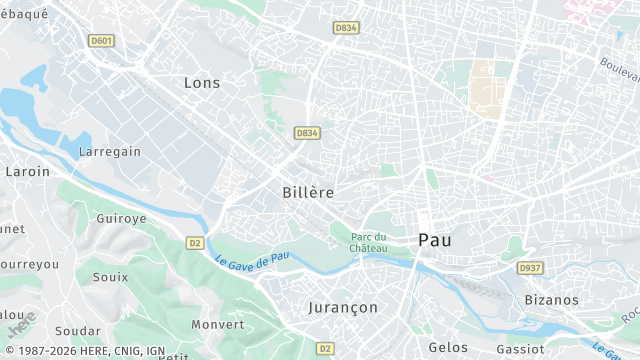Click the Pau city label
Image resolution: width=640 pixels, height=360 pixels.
tap(434, 240)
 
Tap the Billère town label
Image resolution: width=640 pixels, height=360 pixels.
tap(308, 191)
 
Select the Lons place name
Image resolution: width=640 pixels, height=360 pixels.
tap(202, 83)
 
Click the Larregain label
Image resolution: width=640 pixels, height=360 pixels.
tap(110, 152)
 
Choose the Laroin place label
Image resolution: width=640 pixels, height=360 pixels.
tap(27, 172)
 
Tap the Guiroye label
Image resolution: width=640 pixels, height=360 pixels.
tap(121, 218)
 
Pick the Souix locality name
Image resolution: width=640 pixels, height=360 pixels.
tap(110, 277)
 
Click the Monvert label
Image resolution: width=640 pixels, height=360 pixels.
tap(217, 324)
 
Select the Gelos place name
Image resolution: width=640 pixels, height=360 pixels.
tap(447, 346)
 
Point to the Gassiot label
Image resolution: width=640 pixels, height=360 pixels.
tap(519, 349)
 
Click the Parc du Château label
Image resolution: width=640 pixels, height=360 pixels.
tap(368, 241)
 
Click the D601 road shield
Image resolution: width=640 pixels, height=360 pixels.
tap(101, 41)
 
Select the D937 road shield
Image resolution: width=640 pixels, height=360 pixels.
tap(529, 268)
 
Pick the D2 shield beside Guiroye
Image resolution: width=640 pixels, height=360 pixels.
tap(195, 242)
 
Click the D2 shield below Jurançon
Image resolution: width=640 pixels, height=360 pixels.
tap(324, 348)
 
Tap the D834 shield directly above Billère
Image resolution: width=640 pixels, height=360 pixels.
tap(306, 132)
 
